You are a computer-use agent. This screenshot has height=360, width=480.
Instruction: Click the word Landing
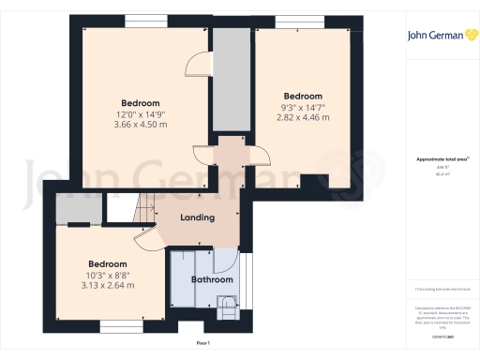[x=198, y=217]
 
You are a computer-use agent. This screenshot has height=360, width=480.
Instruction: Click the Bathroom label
[x=205, y=279]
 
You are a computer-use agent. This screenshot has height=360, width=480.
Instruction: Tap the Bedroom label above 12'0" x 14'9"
[x=140, y=103]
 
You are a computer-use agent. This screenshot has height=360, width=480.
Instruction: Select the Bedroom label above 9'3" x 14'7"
[x=303, y=97]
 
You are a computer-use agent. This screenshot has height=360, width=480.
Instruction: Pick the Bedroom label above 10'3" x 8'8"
[x=108, y=264]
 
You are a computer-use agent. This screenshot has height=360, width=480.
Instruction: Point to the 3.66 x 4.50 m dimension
[x=140, y=125]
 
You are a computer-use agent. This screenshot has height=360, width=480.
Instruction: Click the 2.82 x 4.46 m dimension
[x=303, y=118]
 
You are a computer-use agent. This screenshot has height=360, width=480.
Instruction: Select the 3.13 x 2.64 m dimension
[x=108, y=286]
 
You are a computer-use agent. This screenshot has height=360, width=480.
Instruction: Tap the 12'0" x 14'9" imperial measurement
[x=140, y=114]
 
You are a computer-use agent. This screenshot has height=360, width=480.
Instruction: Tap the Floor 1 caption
[x=202, y=343]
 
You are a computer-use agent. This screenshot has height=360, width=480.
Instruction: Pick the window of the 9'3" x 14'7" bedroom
[x=301, y=21]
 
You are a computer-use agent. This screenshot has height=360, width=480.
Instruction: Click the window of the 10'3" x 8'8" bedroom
[x=119, y=327]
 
